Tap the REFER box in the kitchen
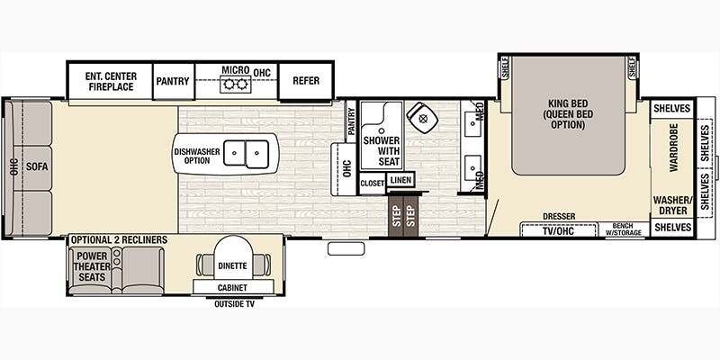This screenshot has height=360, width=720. point(306,81)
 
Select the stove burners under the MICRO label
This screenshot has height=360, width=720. point(235,85)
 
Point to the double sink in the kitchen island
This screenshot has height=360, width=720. point(246,153)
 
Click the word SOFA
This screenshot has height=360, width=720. point(37,166)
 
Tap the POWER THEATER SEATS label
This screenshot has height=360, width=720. point(93,266)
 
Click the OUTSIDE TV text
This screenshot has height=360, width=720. point(234,304)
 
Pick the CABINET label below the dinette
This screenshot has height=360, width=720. point(233,288)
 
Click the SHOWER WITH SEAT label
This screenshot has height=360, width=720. point(382,151)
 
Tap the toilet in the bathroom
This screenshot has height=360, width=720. point(422,118)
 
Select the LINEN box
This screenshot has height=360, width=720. point(400,180)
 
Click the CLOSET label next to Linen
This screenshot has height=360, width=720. point(372,184)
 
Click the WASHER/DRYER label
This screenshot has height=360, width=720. point(672,205)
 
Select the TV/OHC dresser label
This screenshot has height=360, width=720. point(558,231)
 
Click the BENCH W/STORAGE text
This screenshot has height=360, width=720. point(622,229)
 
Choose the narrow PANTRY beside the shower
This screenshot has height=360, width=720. point(351,121)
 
